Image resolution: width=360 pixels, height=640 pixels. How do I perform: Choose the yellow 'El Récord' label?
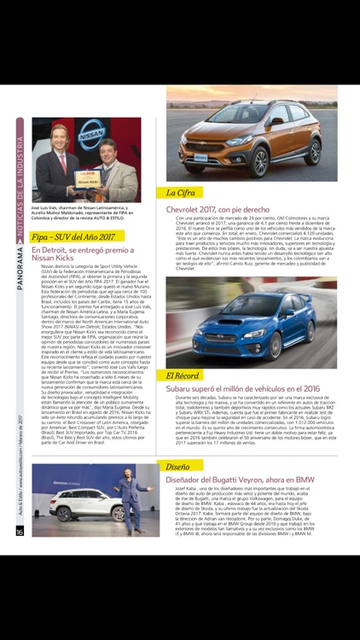183,375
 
